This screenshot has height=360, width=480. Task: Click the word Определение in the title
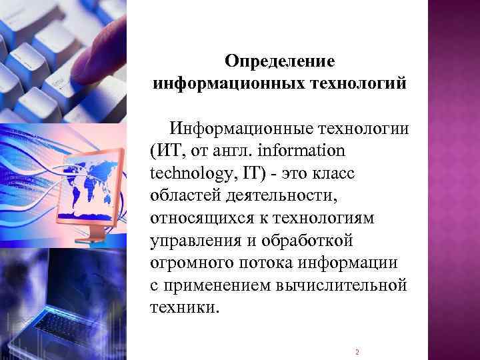coord(279,62)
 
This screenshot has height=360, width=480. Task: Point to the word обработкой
coord(307,241)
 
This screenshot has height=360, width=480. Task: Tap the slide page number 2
coord(357,352)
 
